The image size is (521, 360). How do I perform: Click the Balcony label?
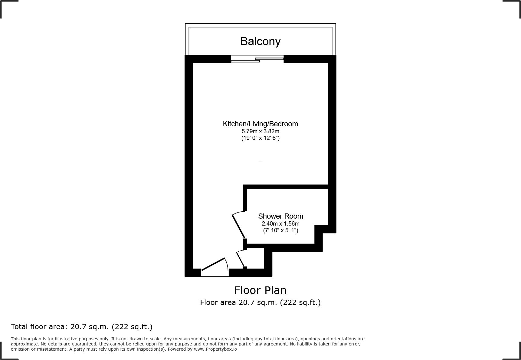260,41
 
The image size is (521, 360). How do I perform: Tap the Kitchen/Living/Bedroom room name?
260,124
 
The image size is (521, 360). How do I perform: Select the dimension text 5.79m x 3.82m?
260,131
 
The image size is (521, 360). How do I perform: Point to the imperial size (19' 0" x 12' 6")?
260,138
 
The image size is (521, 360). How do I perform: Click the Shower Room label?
280,216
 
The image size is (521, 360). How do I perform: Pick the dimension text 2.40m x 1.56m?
280,224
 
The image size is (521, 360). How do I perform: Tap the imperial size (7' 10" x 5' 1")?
280,230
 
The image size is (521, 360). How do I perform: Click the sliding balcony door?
257,59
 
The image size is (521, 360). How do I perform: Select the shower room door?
238,226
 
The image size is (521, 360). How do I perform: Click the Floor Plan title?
260,290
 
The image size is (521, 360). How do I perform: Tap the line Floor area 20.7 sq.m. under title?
260,302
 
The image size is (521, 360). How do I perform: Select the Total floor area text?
82,327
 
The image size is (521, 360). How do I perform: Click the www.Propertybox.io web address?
215,349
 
